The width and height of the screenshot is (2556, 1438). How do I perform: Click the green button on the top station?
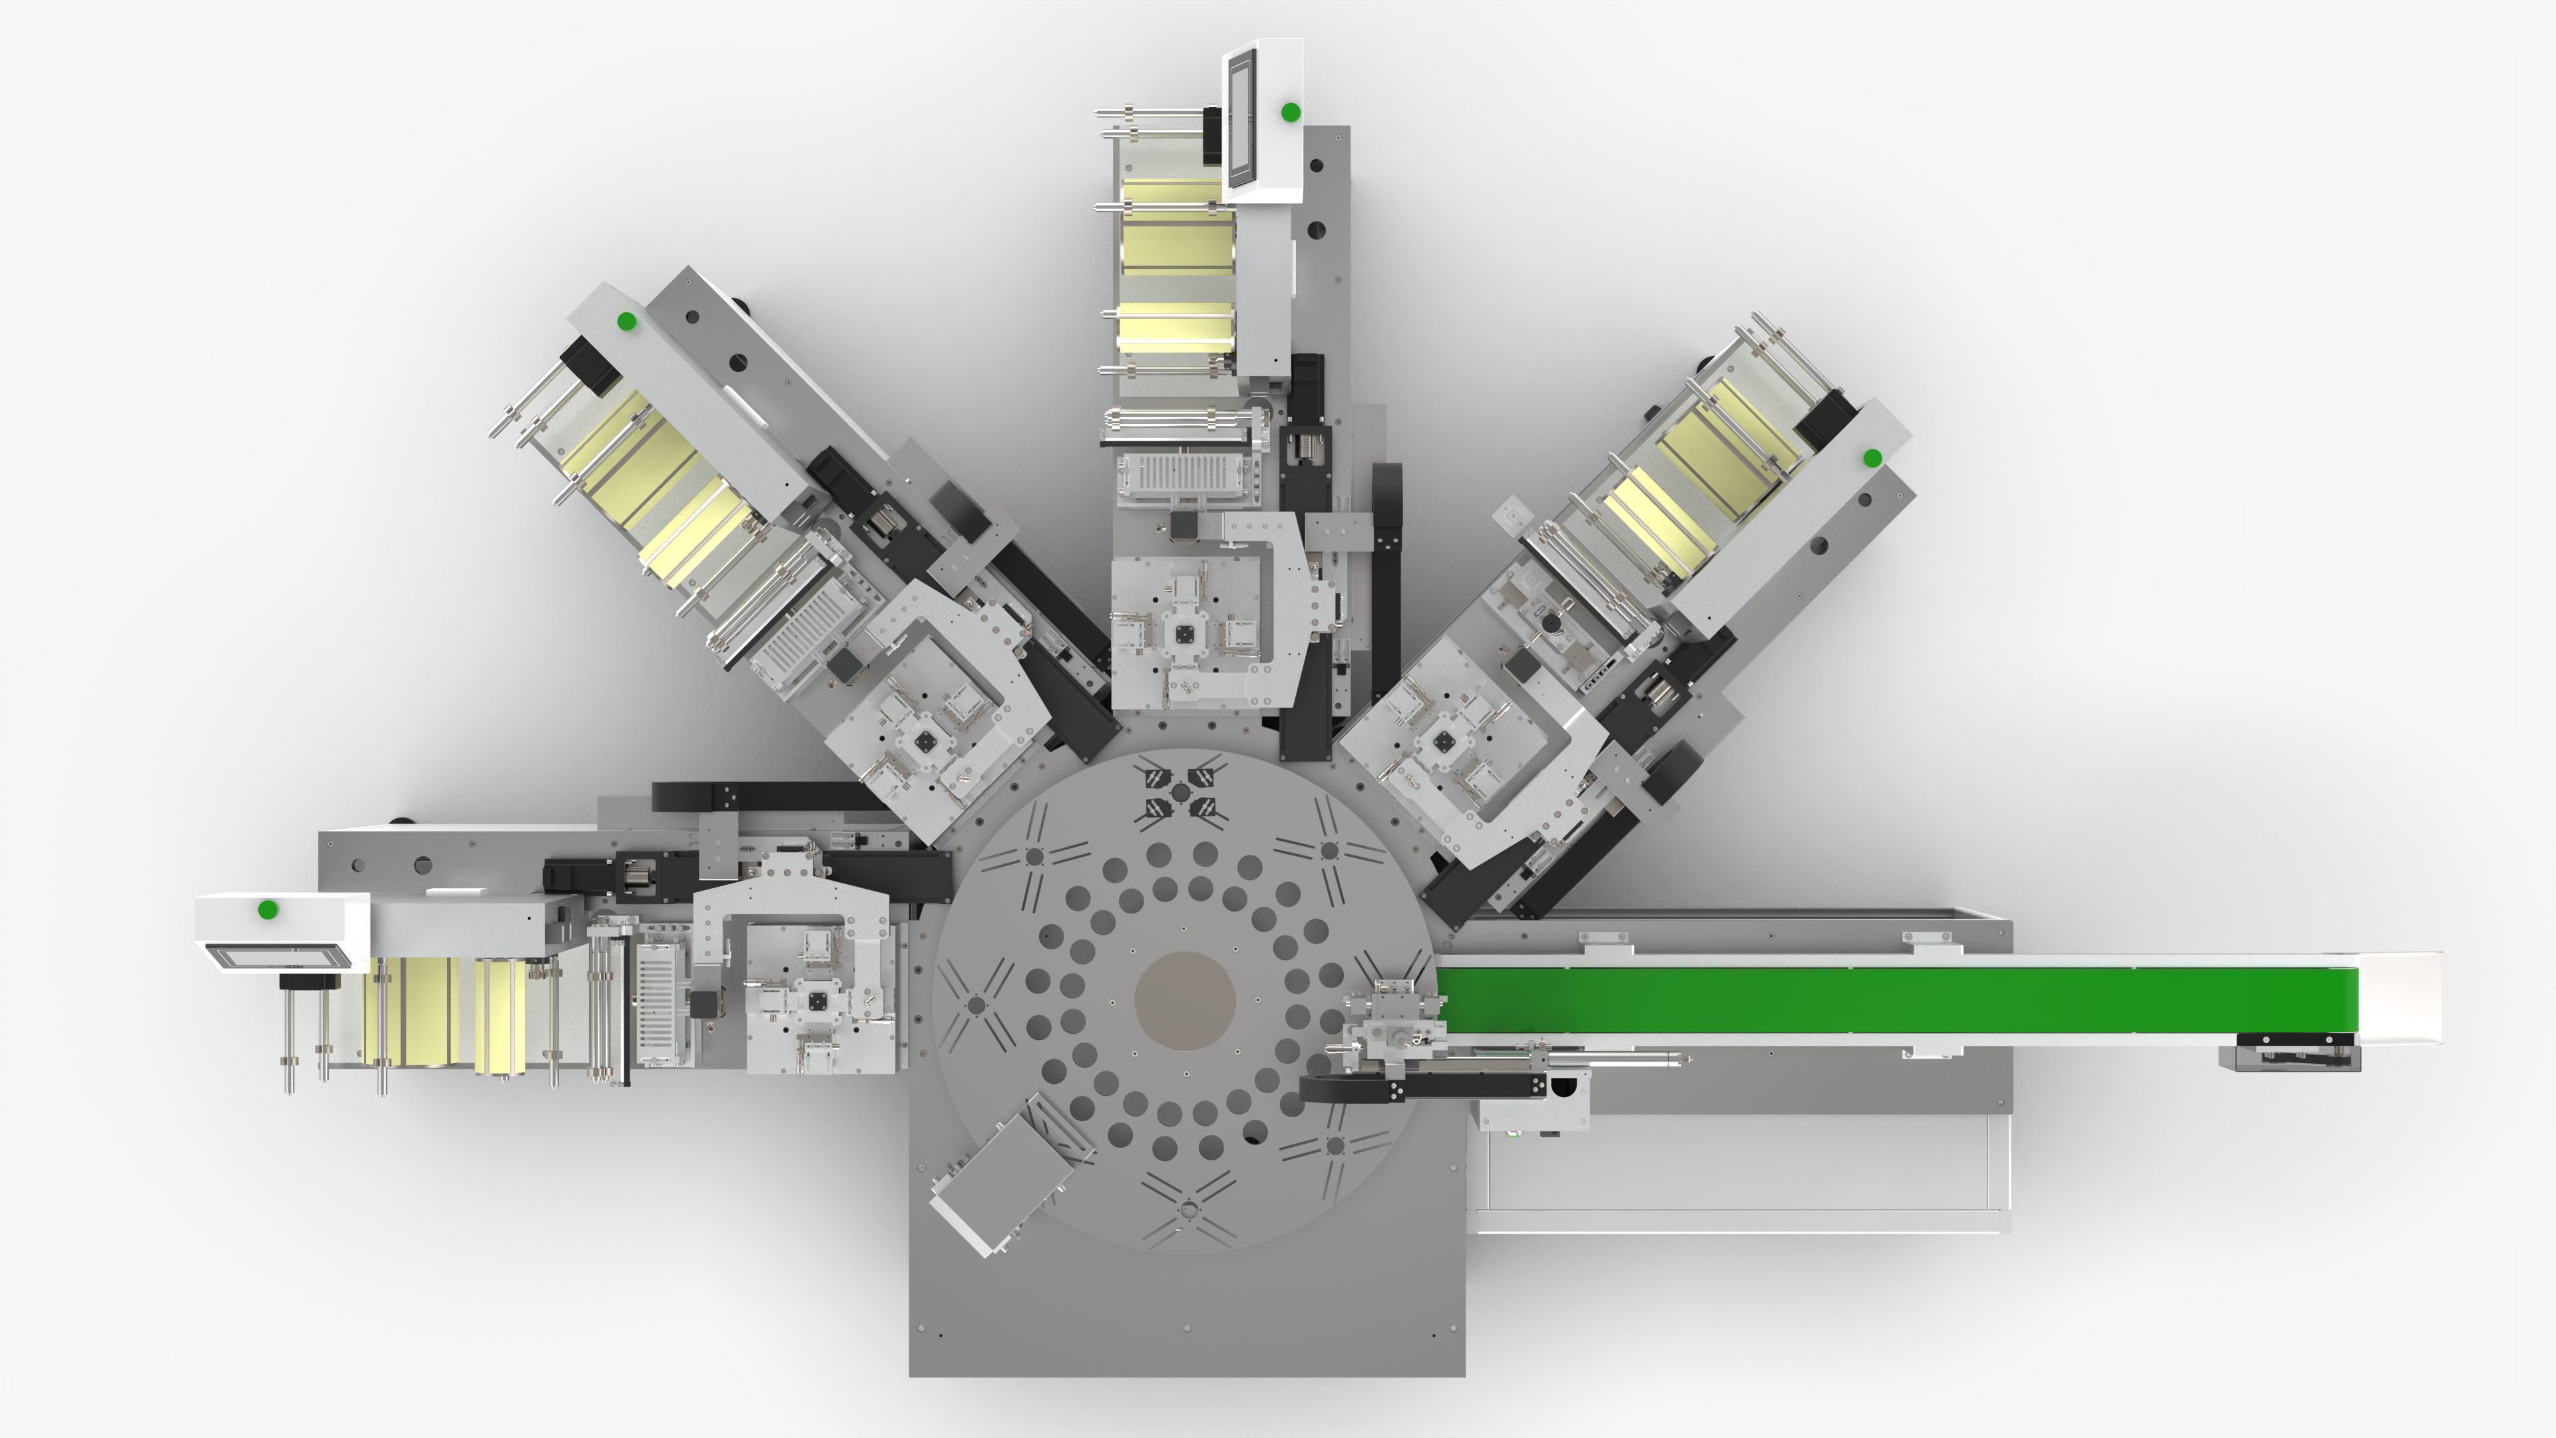click(x=1290, y=112)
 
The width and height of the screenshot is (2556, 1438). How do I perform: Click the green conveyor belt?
click(x=1885, y=1001)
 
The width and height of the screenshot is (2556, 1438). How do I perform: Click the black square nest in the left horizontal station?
click(x=819, y=1003)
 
